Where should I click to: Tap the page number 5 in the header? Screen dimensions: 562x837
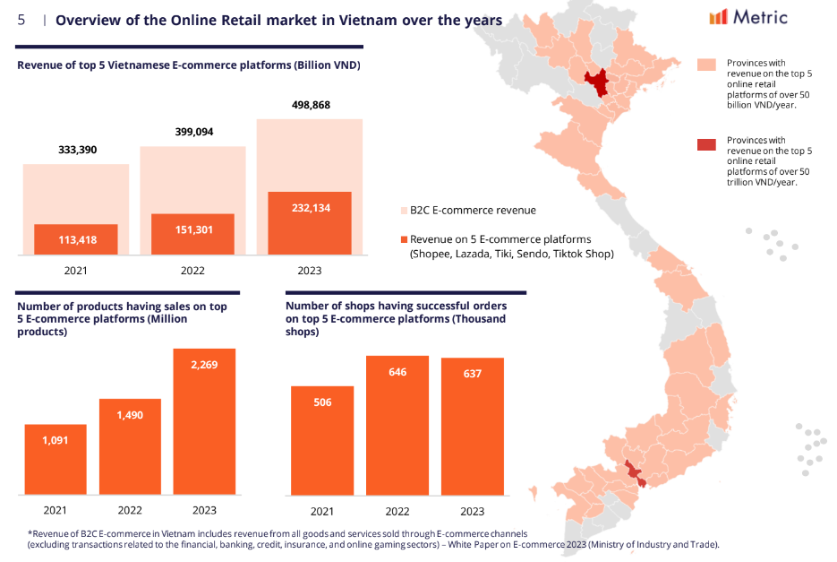[21, 20]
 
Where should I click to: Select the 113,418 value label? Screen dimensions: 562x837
[76, 239]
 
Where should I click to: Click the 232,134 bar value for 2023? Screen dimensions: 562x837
[309, 207]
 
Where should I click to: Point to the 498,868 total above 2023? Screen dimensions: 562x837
[309, 105]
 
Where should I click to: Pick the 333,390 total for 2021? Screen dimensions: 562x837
[76, 150]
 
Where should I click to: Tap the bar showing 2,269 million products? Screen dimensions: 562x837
[205, 421]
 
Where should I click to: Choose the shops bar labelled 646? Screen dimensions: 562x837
[397, 425]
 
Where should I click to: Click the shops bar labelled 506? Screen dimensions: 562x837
[322, 439]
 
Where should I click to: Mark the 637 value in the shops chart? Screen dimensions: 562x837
[472, 374]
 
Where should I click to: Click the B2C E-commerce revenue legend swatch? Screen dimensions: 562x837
[404, 211]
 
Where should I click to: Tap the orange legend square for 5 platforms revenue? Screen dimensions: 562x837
[404, 239]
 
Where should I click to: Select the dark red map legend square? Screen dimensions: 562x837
[706, 143]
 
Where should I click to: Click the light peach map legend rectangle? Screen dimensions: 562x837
[706, 65]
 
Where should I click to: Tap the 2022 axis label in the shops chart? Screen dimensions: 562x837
[397, 511]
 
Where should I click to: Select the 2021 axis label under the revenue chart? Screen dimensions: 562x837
[76, 270]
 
